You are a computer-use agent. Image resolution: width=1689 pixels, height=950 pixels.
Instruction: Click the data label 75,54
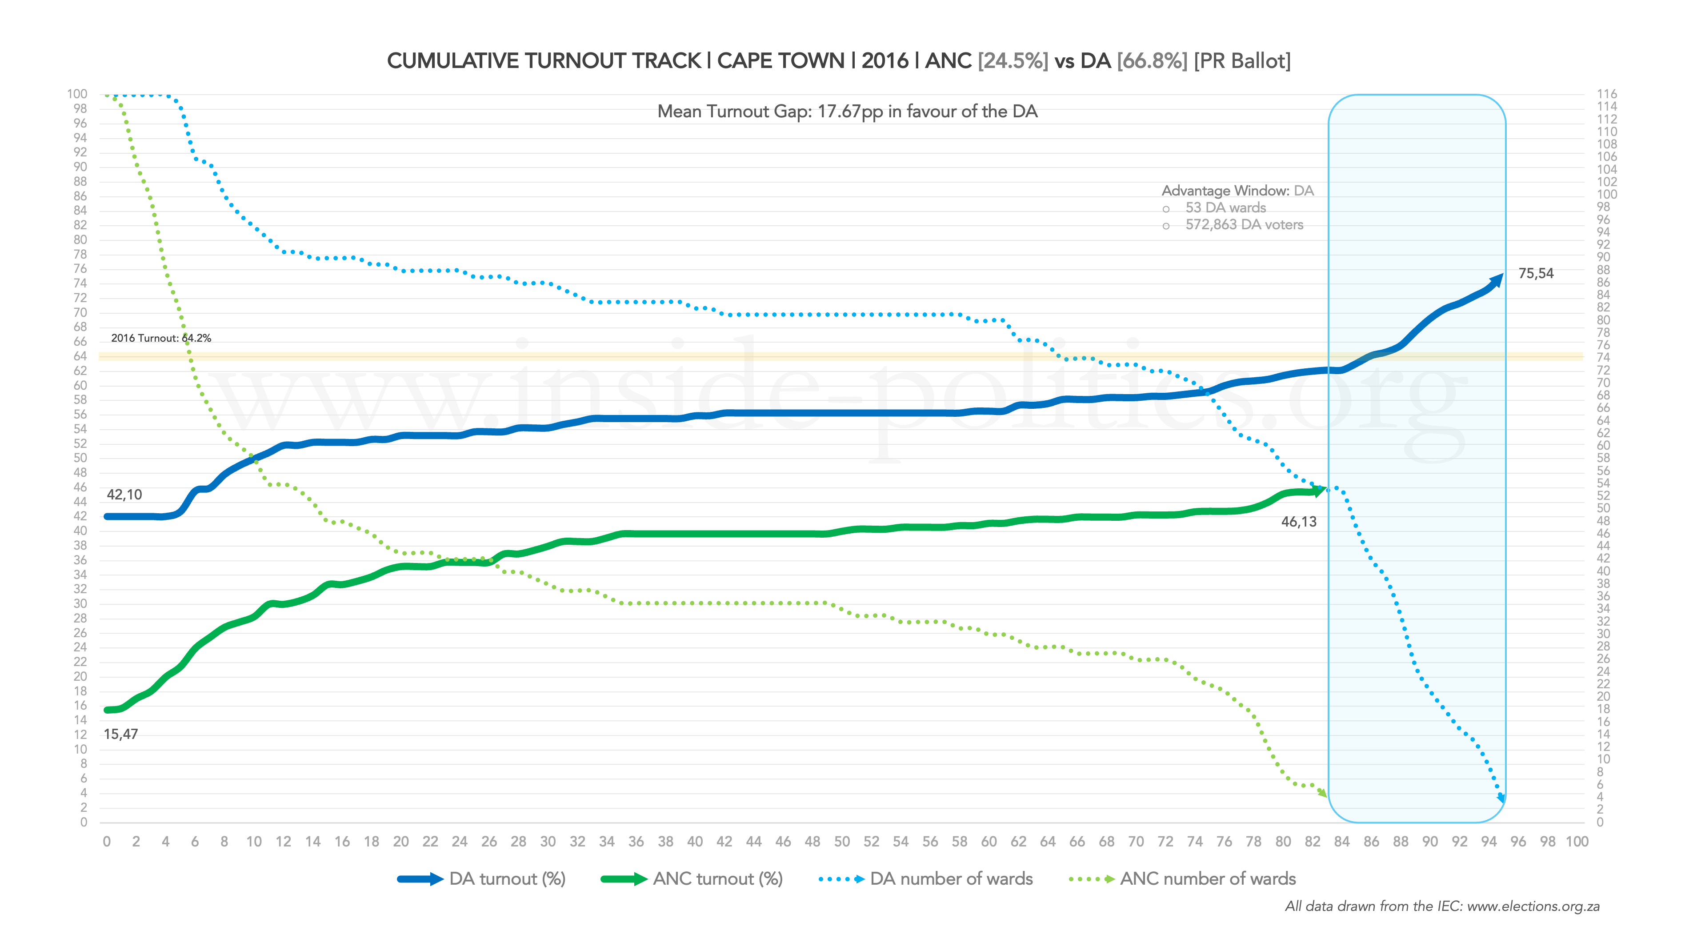(1536, 273)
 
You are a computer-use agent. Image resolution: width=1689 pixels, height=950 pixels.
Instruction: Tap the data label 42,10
(124, 495)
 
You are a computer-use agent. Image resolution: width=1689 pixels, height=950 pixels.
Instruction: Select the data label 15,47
(120, 734)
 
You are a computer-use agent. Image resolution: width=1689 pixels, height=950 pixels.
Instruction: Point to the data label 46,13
(1298, 522)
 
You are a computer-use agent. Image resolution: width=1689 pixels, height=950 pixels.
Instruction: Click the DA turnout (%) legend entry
(482, 879)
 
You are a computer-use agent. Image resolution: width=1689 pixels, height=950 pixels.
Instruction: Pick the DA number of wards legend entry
(926, 879)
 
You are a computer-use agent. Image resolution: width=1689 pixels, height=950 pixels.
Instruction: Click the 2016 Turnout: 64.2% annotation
(160, 338)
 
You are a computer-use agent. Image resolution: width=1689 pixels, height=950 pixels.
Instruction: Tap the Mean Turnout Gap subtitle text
(847, 112)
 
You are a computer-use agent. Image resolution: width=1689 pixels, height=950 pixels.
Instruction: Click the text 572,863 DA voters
(1244, 225)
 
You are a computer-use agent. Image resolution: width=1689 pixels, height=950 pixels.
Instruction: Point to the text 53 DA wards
(1225, 208)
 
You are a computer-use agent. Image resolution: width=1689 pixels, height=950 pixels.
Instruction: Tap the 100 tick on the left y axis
(77, 94)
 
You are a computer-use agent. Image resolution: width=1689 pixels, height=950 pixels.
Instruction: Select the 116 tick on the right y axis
(1606, 94)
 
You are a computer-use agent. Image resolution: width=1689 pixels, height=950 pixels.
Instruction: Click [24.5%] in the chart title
(1013, 61)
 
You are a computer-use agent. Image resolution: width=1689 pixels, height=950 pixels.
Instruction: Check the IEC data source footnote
(1442, 907)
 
